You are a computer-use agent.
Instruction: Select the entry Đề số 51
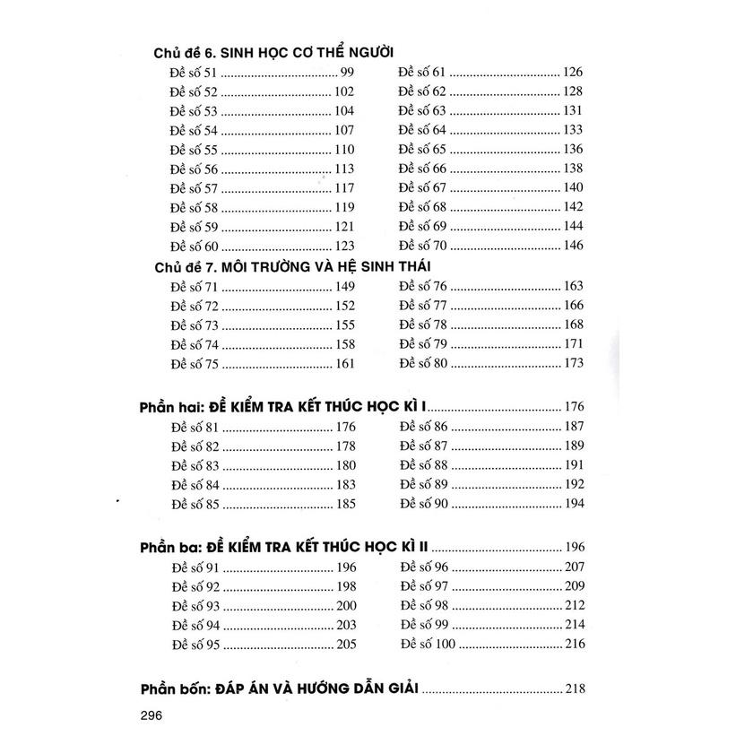pyautogui.click(x=193, y=73)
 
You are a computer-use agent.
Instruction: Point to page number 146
pyautogui.click(x=574, y=245)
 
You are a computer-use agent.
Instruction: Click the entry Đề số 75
pyautogui.click(x=193, y=364)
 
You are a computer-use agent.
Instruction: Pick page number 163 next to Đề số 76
pyautogui.click(x=574, y=286)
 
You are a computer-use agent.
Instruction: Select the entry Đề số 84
pyautogui.click(x=193, y=485)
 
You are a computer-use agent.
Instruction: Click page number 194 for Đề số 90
pyautogui.click(x=574, y=504)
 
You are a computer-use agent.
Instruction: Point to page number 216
pyautogui.click(x=574, y=644)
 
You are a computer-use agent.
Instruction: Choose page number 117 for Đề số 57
pyautogui.click(x=345, y=188)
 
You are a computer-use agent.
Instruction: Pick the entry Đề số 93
pyautogui.click(x=193, y=605)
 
